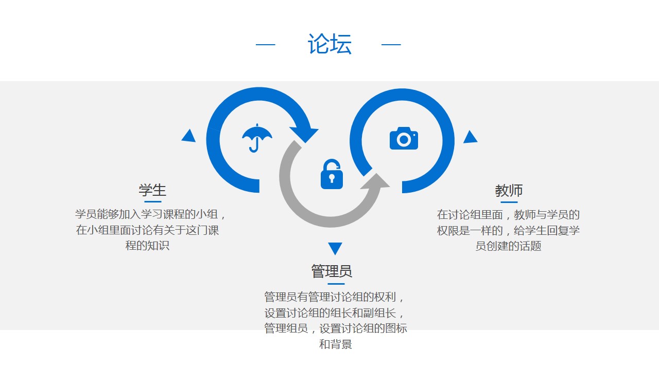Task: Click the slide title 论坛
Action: click(329, 44)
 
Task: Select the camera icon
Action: click(404, 139)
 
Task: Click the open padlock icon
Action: click(332, 174)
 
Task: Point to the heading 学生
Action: click(152, 190)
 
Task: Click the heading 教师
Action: click(509, 191)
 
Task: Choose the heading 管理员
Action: click(332, 271)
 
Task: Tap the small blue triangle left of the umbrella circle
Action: click(189, 136)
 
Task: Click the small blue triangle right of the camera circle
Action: click(470, 137)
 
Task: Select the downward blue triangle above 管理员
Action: click(335, 248)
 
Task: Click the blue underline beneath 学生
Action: click(152, 201)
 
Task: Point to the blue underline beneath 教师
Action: click(509, 202)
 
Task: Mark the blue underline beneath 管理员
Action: click(336, 283)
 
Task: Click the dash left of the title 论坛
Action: click(266, 45)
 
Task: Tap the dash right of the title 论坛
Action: click(391, 45)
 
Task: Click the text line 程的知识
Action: click(147, 246)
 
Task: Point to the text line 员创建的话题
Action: click(508, 246)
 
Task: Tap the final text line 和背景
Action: click(336, 344)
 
